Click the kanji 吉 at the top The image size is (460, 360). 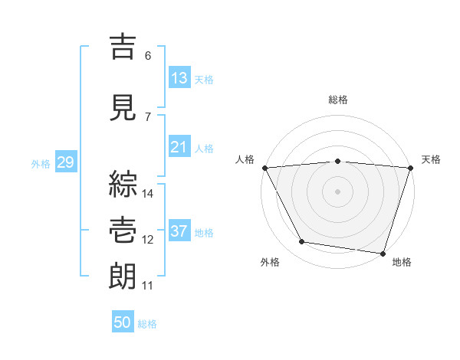point(124,47)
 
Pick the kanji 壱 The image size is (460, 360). point(124,229)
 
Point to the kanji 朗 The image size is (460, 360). point(124,277)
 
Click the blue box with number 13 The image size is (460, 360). point(179,77)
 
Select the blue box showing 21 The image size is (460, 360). point(179,147)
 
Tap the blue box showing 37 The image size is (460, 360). point(179,231)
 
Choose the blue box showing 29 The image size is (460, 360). point(65,162)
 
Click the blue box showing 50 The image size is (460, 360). point(123,322)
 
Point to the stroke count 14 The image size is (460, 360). point(148,193)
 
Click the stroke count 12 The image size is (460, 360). point(148,240)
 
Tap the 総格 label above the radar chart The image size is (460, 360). point(338,100)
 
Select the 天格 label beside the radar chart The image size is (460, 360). point(432,159)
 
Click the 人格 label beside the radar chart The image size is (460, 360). point(245,159)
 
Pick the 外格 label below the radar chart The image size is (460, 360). point(270,263)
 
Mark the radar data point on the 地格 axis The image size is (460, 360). point(383,253)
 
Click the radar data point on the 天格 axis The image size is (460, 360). point(410,168)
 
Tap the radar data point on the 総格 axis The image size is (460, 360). point(337,161)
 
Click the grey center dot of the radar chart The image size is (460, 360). point(337,191)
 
